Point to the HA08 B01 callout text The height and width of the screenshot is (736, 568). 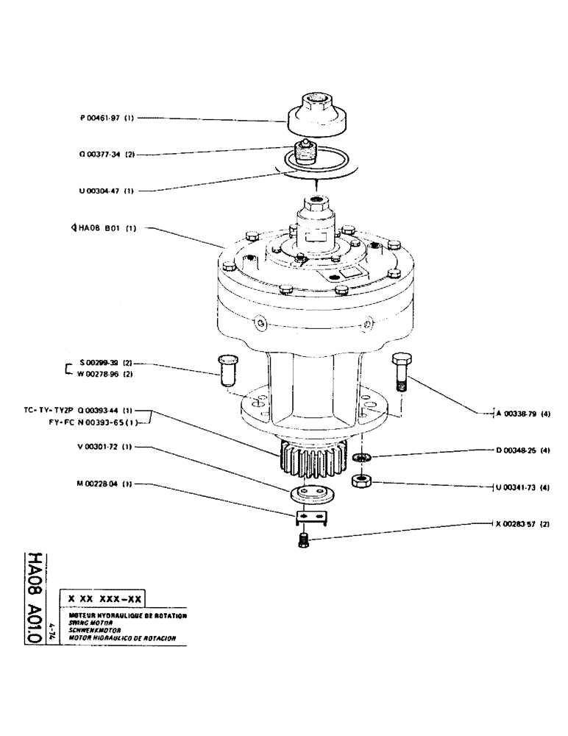[x=98, y=228]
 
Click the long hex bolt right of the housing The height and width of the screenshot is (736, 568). [x=400, y=373]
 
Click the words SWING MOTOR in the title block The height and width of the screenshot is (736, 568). [x=87, y=621]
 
